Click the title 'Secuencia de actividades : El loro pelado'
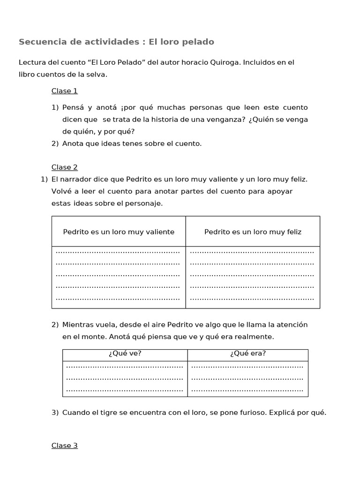click(x=116, y=42)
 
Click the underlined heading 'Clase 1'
click(x=64, y=91)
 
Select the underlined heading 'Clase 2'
click(x=64, y=167)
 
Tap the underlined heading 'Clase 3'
click(x=64, y=446)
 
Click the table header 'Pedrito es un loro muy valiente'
click(x=119, y=232)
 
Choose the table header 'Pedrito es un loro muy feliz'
click(x=253, y=232)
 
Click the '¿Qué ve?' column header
click(x=125, y=354)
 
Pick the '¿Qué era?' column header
click(x=248, y=354)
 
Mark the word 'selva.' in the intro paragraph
click(x=97, y=75)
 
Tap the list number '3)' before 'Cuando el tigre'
click(x=55, y=412)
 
